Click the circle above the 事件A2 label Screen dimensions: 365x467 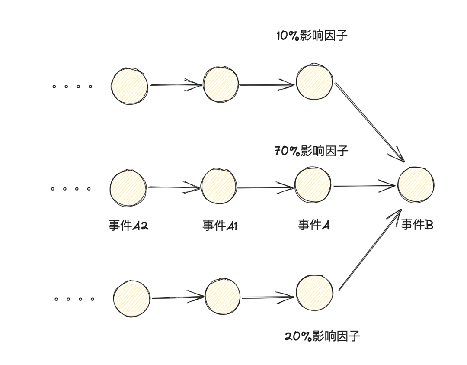click(128, 187)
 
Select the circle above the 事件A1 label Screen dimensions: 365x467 click(219, 186)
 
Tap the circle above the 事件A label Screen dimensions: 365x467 click(313, 185)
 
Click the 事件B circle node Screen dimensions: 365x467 click(416, 185)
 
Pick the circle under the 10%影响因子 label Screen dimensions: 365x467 click(314, 81)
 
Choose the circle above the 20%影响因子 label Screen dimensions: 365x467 click(314, 293)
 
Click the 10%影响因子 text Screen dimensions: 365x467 click(312, 36)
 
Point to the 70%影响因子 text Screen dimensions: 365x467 click(311, 151)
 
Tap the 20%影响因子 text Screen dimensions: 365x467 click(322, 336)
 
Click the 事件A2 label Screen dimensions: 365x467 click(128, 226)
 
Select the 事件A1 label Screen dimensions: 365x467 click(220, 226)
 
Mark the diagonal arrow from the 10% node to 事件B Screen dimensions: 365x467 click(370, 122)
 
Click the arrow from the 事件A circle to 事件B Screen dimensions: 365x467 click(365, 186)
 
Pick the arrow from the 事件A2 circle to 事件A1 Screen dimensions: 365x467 click(174, 187)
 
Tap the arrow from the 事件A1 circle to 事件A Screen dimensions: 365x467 click(265, 188)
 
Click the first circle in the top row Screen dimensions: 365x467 click(129, 85)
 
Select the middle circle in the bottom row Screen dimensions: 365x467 click(222, 297)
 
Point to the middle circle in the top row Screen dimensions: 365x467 click(221, 84)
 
